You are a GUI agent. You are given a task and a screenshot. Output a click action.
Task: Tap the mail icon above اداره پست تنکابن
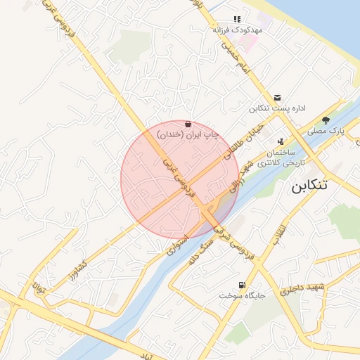[278, 98]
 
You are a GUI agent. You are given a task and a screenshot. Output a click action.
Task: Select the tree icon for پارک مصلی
[325, 120]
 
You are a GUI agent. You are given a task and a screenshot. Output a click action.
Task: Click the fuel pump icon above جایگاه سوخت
[243, 285]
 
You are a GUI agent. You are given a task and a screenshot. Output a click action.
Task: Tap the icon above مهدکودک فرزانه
[236, 20]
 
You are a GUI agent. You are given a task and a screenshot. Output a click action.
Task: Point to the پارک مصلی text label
[327, 131]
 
